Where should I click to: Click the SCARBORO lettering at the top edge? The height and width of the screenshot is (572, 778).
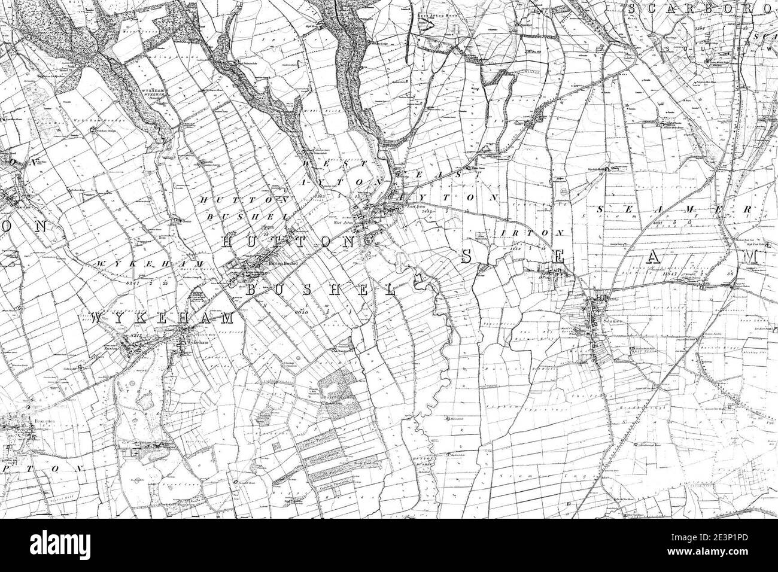click(700, 9)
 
